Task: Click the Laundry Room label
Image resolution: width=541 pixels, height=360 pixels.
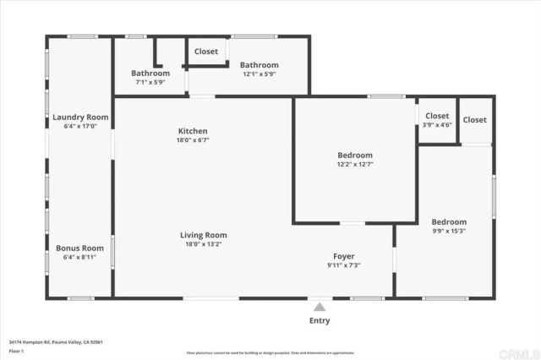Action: coord(80,117)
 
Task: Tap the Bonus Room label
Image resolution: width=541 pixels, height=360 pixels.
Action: coord(80,248)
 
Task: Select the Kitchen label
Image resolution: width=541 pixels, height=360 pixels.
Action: coord(193,131)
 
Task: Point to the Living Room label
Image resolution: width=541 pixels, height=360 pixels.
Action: coord(203,235)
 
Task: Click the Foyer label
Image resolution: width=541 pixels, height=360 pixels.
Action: coord(343,256)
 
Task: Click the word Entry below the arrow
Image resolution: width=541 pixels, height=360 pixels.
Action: coord(320,321)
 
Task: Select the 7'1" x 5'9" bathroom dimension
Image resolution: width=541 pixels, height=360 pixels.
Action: coord(150,83)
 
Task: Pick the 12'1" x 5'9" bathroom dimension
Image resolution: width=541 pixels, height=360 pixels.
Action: coord(259,74)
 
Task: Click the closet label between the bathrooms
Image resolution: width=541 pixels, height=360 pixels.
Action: coord(206,52)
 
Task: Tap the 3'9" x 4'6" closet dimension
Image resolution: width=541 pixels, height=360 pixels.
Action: coord(437,125)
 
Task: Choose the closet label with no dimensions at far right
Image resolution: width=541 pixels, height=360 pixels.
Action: coord(475,120)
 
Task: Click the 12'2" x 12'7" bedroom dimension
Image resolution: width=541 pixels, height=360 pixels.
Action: coord(355,165)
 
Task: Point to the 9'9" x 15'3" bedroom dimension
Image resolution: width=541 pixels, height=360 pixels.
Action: coord(449,232)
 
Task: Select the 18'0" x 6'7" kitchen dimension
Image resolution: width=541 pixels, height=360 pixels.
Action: coord(193,140)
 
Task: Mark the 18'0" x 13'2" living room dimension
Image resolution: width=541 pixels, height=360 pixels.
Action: coord(203,244)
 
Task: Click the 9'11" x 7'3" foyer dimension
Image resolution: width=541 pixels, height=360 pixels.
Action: coord(343,265)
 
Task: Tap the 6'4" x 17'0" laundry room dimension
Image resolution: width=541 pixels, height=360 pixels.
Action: coord(80,126)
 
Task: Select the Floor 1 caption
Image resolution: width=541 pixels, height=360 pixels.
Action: coord(17,351)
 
